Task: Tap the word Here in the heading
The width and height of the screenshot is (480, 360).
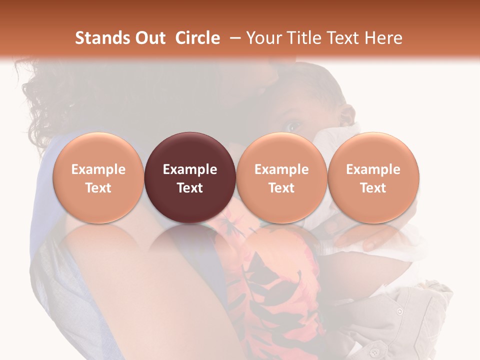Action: pyautogui.click(x=382, y=38)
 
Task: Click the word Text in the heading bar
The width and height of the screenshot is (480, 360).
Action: pyautogui.click(x=345, y=38)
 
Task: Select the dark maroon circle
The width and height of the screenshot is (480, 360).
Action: pyautogui.click(x=190, y=178)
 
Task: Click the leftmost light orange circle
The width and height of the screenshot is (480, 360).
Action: pyautogui.click(x=98, y=178)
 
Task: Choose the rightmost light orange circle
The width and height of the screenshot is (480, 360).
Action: pyautogui.click(x=373, y=178)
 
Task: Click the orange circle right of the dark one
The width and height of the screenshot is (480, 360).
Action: pyautogui.click(x=281, y=178)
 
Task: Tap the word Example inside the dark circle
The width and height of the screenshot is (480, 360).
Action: pyautogui.click(x=190, y=169)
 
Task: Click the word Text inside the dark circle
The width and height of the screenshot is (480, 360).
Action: pyautogui.click(x=190, y=188)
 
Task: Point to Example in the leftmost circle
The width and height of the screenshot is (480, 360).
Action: pyautogui.click(x=98, y=169)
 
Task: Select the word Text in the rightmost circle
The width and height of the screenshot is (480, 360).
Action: pyautogui.click(x=373, y=188)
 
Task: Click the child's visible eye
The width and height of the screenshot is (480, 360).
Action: pyautogui.click(x=294, y=124)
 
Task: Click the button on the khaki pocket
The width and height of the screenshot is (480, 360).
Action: pyautogui.click(x=399, y=311)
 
